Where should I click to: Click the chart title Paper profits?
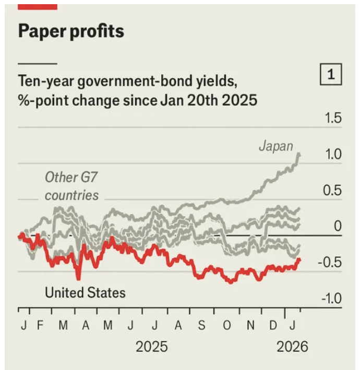coord(71,31)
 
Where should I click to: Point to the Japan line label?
coord(276,146)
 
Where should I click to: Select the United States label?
coord(85,292)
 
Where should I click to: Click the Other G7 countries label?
coord(71,187)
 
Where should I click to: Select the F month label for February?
coord(40,326)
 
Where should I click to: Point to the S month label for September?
coord(201,326)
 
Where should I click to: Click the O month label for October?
coord(226,326)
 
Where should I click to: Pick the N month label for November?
coord(250,326)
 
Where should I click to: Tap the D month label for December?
coord(273,326)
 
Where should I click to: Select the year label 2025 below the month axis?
coord(151,347)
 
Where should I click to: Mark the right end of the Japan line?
coord(299,154)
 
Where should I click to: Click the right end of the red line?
coord(299,260)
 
